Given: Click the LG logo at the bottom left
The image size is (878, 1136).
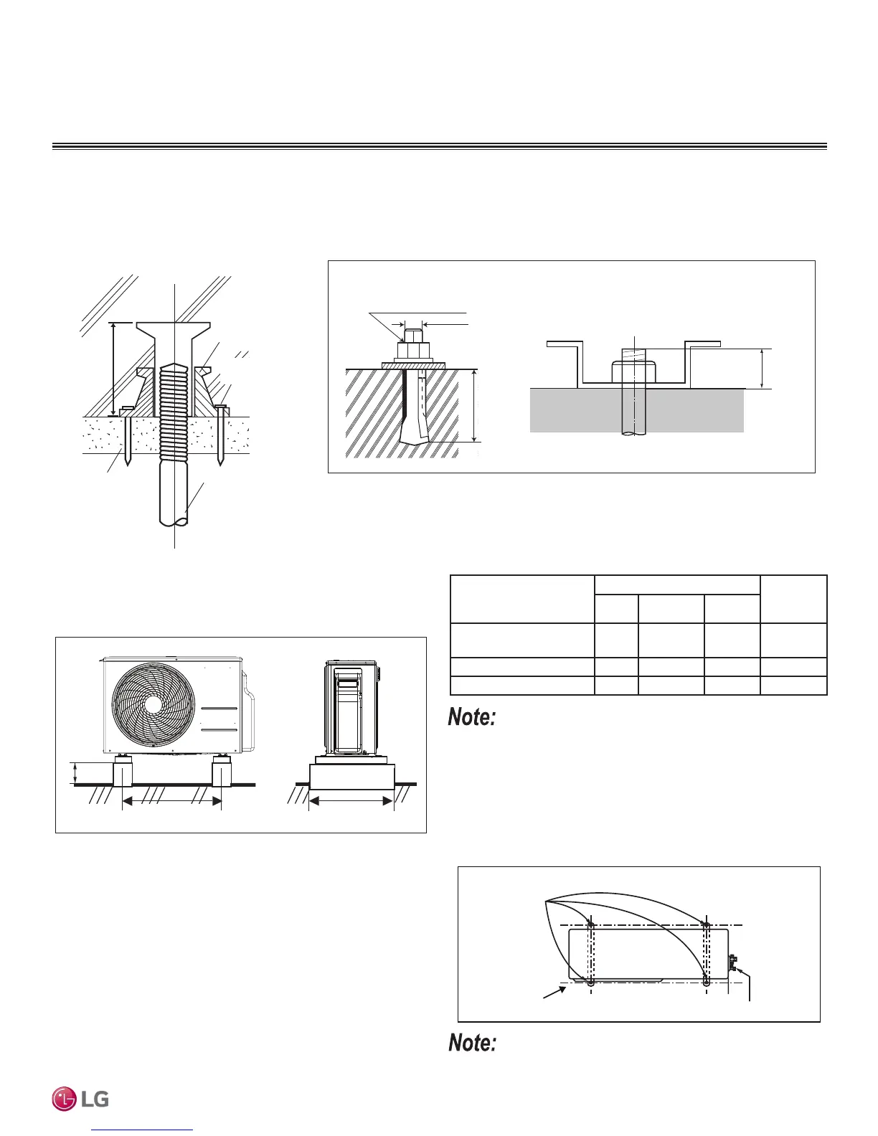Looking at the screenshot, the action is (80, 1099).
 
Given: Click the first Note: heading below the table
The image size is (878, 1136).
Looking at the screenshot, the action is (472, 717).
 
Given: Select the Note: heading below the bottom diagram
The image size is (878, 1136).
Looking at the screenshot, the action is (472, 1043).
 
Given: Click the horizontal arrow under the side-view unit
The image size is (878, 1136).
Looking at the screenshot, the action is (351, 802).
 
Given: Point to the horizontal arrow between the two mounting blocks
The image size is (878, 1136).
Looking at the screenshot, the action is (172, 803).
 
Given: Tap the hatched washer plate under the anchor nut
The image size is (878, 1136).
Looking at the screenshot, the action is (413, 366).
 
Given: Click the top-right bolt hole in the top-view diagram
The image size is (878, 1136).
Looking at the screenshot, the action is (707, 926).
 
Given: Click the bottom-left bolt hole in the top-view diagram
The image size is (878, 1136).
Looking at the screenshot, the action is (590, 983).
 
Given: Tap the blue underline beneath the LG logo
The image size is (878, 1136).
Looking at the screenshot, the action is (143, 1130).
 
